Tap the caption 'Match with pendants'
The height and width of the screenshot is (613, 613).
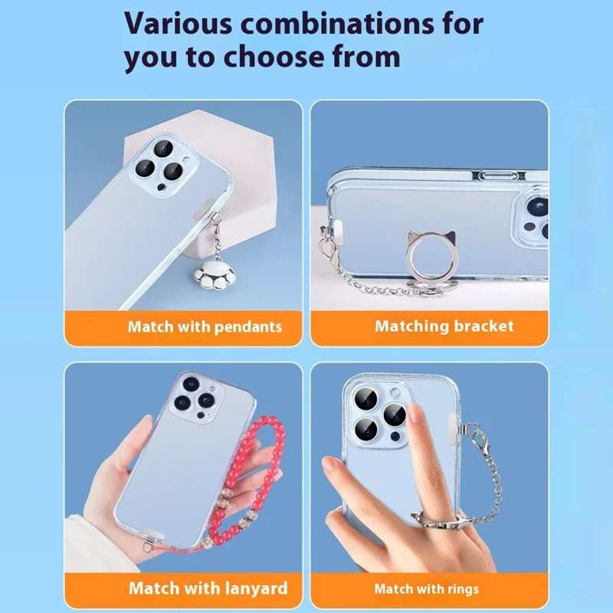click(205, 326)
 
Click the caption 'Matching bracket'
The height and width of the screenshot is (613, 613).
click(444, 326)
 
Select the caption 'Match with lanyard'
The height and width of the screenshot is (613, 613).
click(208, 588)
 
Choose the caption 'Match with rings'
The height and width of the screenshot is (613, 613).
click(426, 588)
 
